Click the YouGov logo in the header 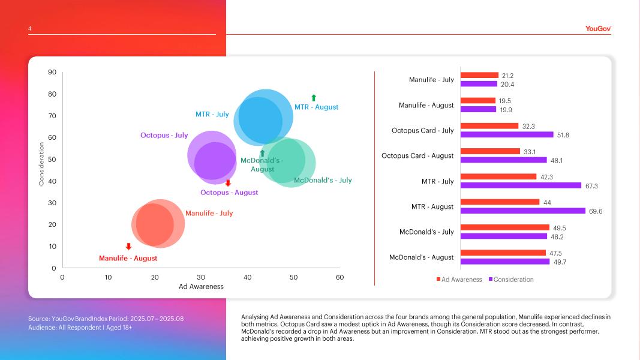click(x=598, y=28)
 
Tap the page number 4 click(x=29, y=28)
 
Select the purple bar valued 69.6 click(x=522, y=211)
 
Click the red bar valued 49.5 click(x=504, y=227)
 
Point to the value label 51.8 click(x=563, y=135)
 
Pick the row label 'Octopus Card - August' click(x=417, y=156)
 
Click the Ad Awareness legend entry click(x=459, y=280)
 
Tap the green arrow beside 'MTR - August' click(x=313, y=98)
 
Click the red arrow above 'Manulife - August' click(x=128, y=247)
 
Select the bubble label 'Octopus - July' click(x=164, y=136)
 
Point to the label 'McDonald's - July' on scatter click(x=323, y=180)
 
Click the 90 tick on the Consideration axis click(x=52, y=73)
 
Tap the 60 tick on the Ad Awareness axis click(x=339, y=277)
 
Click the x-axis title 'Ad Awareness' click(x=201, y=287)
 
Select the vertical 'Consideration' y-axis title click(x=41, y=164)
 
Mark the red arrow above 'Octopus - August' click(x=228, y=183)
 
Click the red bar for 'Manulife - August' click(x=477, y=101)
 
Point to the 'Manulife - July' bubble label click(x=209, y=214)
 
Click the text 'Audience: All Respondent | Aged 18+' click(x=80, y=328)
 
